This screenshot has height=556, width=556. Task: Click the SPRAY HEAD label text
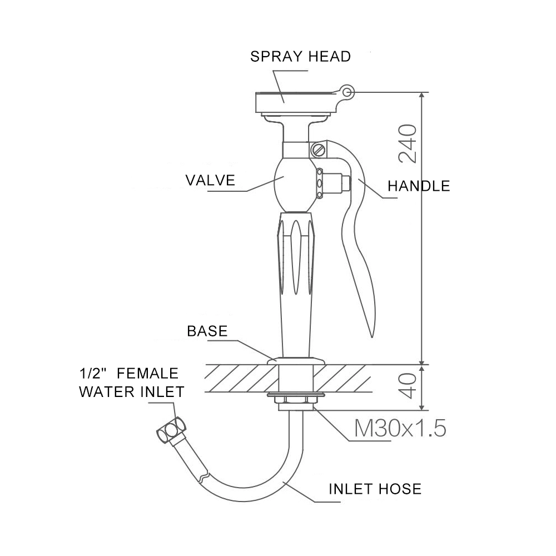(300, 56)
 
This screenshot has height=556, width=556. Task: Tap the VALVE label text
(210, 180)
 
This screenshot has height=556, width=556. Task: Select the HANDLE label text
(418, 186)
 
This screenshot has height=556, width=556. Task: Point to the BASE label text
(207, 331)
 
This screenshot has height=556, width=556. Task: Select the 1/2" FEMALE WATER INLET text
(131, 382)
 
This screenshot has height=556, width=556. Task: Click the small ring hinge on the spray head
(348, 92)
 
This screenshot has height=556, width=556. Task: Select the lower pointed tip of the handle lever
(371, 332)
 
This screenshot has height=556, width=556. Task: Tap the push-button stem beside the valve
(336, 182)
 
